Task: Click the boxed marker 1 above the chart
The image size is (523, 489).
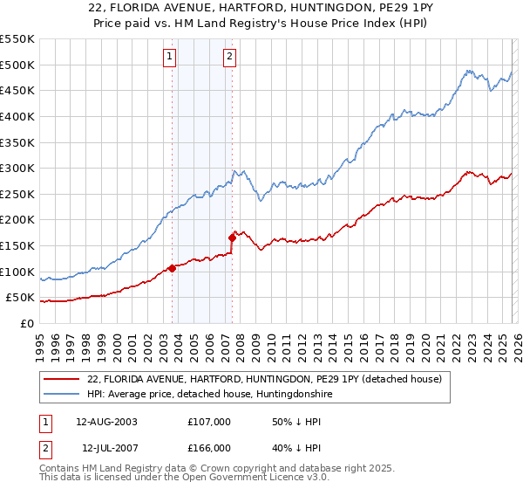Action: tap(169, 58)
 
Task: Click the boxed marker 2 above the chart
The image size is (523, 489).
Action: tap(229, 58)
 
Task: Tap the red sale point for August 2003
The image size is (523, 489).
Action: tap(172, 268)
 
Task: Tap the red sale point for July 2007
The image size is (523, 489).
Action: tap(233, 237)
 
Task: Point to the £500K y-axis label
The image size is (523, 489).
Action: tap(17, 65)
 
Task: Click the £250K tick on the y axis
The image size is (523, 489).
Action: tap(17, 194)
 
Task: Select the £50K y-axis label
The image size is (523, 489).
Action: tap(21, 298)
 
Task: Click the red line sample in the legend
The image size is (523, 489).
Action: tap(61, 379)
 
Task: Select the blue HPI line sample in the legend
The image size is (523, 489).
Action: tap(61, 395)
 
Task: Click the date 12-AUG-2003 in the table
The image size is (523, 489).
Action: tap(106, 421)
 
